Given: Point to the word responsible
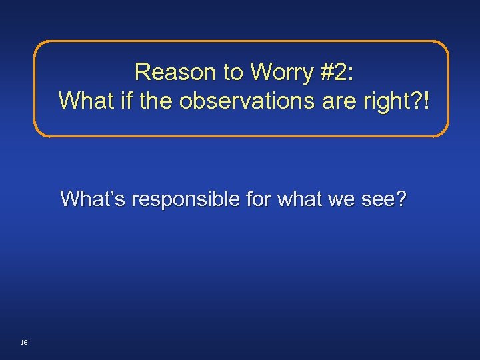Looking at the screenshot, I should (186, 199).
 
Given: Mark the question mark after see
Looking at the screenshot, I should (399, 199).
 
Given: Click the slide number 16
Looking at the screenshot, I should (24, 342).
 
